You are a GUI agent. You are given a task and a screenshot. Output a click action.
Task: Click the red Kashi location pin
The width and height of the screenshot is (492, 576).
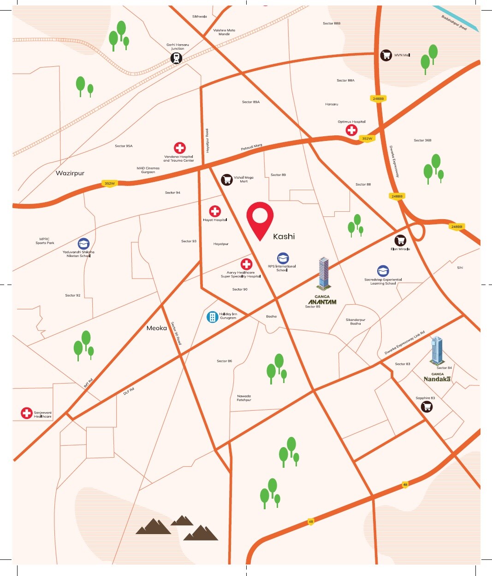click(x=260, y=218)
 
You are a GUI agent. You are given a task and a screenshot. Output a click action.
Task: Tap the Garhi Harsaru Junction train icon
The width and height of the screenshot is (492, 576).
click(x=176, y=58)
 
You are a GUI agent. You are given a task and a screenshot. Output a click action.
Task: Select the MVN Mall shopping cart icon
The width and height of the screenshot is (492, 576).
click(x=386, y=55)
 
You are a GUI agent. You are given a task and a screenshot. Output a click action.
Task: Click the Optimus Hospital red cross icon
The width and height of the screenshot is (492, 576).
click(x=352, y=130)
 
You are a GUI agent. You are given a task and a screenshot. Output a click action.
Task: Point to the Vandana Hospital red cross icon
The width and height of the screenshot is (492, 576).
click(x=179, y=148)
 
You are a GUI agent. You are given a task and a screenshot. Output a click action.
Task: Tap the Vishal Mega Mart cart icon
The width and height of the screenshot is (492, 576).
click(x=226, y=180)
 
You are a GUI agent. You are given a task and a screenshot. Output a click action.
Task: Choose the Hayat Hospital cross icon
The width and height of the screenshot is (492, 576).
click(x=215, y=211)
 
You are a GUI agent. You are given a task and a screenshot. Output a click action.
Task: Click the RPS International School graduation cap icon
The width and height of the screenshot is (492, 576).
click(x=283, y=259)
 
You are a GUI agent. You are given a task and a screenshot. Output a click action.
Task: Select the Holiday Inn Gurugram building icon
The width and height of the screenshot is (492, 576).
click(x=212, y=317)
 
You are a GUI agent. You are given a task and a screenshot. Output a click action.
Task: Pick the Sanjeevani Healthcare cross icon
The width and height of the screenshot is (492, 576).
click(x=27, y=413)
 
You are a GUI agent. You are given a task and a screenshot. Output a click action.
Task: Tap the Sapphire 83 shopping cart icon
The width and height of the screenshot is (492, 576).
click(x=427, y=407)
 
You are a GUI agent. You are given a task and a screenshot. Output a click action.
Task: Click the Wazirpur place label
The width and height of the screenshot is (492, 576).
click(x=70, y=173)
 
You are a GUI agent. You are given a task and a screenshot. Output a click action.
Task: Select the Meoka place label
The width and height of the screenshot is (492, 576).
click(x=157, y=328)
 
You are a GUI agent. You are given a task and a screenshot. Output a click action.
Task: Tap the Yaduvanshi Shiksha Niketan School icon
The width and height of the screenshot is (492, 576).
click(x=83, y=244)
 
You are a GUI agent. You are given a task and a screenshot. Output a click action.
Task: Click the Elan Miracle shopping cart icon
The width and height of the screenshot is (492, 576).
click(x=400, y=240)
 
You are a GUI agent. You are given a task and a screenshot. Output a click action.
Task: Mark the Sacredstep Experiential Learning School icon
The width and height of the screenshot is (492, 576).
click(x=383, y=271)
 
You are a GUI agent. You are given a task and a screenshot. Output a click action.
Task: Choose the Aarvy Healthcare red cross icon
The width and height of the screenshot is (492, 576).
click(x=247, y=264)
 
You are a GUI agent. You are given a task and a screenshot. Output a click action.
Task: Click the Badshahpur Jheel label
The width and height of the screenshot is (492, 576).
click(x=454, y=23)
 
